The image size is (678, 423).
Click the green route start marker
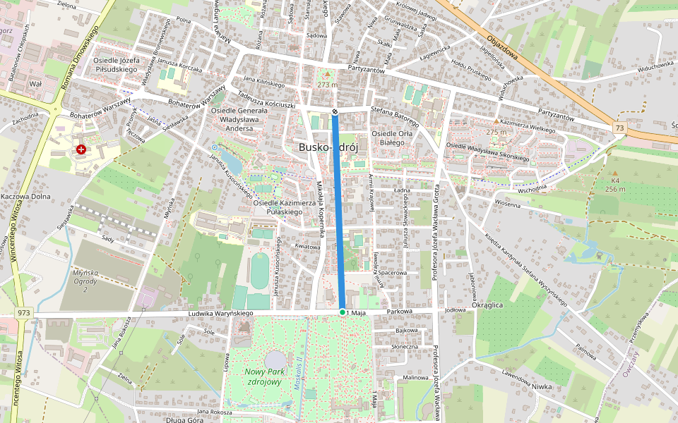[x=343, y=312]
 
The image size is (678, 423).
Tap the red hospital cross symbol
[x=82, y=149]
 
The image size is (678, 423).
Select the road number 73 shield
[x=619, y=128]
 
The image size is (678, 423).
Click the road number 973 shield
[x=23, y=312]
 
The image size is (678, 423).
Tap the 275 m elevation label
[x=496, y=132]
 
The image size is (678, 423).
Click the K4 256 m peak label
[x=615, y=185]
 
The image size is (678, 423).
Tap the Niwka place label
[x=542, y=386]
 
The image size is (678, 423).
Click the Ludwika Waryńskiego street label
[x=220, y=313]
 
